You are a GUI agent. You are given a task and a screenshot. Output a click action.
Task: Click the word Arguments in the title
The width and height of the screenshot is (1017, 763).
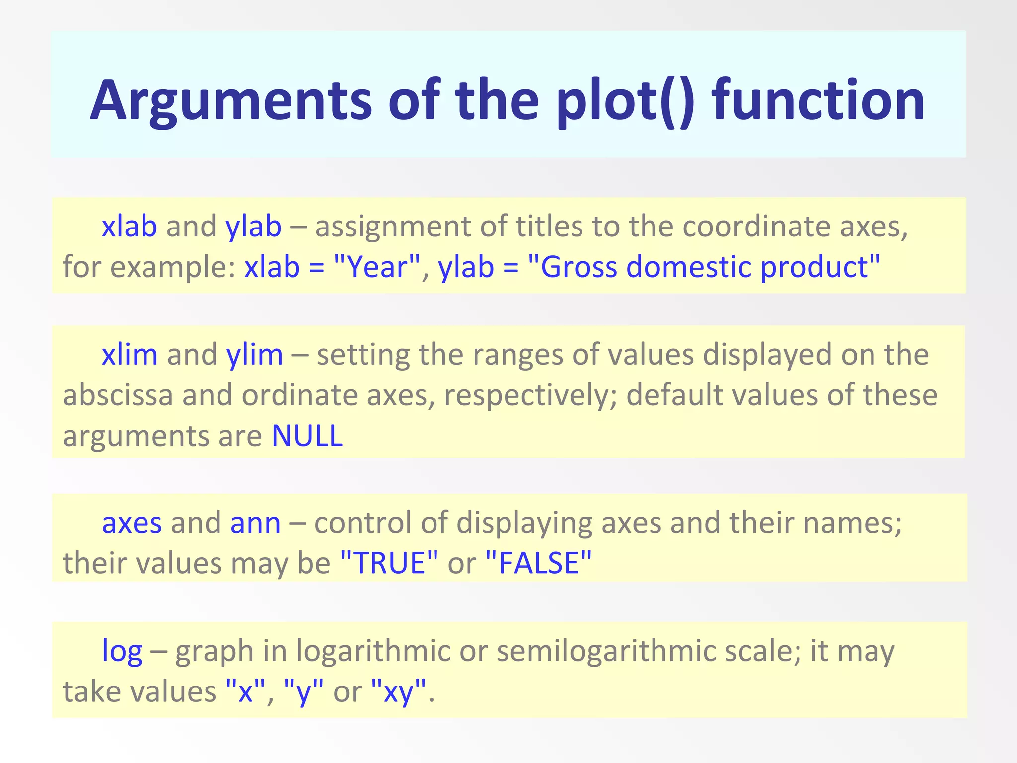(x=231, y=101)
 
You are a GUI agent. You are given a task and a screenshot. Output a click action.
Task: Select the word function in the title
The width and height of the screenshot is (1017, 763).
(x=818, y=101)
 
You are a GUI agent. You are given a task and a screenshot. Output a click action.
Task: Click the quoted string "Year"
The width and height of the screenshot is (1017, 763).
(x=377, y=267)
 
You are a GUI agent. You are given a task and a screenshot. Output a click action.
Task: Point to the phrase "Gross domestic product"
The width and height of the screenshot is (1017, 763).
(x=704, y=267)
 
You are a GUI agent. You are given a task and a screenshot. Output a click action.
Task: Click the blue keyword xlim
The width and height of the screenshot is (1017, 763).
(x=130, y=355)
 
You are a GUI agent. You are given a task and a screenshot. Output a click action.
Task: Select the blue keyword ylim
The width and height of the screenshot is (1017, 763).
(x=254, y=355)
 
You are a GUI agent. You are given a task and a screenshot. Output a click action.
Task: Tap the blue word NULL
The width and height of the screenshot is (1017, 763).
(x=307, y=436)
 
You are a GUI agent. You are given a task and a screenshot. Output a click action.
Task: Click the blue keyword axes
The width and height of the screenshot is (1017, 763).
(x=132, y=523)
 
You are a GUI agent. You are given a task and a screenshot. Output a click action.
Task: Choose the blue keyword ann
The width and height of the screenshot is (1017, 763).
(x=255, y=523)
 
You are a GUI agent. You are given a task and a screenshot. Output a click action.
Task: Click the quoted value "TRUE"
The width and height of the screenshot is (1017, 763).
(x=389, y=563)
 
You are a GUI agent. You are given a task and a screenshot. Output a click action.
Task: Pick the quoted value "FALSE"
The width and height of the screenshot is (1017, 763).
(x=539, y=563)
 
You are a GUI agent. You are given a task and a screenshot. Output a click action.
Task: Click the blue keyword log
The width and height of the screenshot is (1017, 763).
(x=122, y=651)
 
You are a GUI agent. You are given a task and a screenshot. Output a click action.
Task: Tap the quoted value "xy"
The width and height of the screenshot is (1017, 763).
(x=399, y=691)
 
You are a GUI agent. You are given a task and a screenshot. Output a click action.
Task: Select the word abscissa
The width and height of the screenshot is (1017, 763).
(x=118, y=395)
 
